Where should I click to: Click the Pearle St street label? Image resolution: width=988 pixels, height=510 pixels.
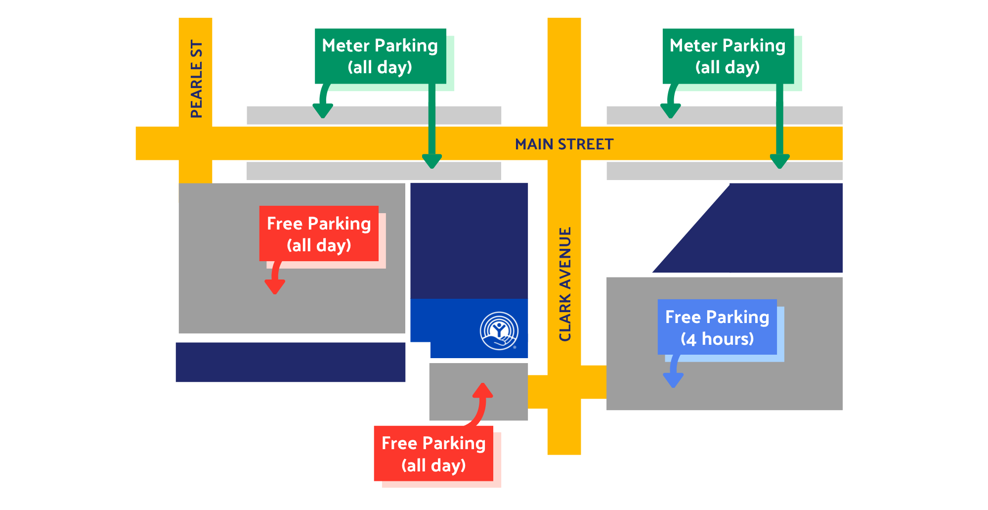point(196,79)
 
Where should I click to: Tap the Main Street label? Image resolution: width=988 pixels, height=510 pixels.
point(564,144)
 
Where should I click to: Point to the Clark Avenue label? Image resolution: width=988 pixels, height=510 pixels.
point(564,284)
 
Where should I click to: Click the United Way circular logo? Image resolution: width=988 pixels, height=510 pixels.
point(499,330)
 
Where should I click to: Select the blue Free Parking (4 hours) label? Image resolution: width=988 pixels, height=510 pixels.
point(717,327)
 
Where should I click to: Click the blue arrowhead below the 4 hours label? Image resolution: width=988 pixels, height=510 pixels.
point(673,380)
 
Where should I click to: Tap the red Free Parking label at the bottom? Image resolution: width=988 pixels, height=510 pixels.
point(433,453)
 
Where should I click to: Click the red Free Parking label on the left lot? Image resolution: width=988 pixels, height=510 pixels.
point(319,233)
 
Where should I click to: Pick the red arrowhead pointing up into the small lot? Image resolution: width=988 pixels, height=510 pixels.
point(482,390)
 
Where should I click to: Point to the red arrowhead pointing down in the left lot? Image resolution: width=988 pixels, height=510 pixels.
point(275,286)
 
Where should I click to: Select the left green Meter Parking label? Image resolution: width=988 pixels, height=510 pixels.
point(380,56)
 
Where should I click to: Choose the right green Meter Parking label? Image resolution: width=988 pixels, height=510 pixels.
point(728,56)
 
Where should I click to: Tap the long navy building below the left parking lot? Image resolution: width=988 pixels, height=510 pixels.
point(291,362)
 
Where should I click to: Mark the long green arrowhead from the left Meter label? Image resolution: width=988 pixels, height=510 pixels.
point(432,161)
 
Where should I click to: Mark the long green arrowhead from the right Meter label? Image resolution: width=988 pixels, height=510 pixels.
point(779,161)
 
